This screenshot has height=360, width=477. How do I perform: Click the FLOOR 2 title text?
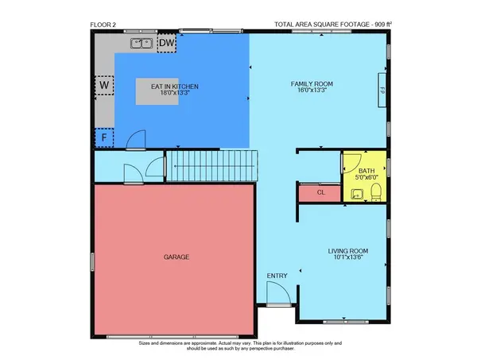103,25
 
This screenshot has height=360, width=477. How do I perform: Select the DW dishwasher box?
166,43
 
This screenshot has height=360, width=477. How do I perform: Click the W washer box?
104,84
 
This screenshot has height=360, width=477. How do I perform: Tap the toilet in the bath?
377,191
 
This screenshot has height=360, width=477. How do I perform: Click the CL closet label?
320,192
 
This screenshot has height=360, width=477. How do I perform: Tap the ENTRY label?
277,276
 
